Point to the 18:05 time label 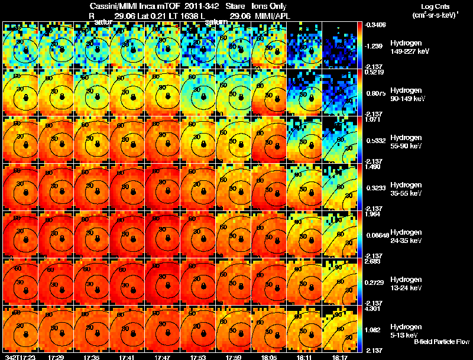269,357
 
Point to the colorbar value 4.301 374,309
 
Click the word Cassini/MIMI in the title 122,5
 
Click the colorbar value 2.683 374,261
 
